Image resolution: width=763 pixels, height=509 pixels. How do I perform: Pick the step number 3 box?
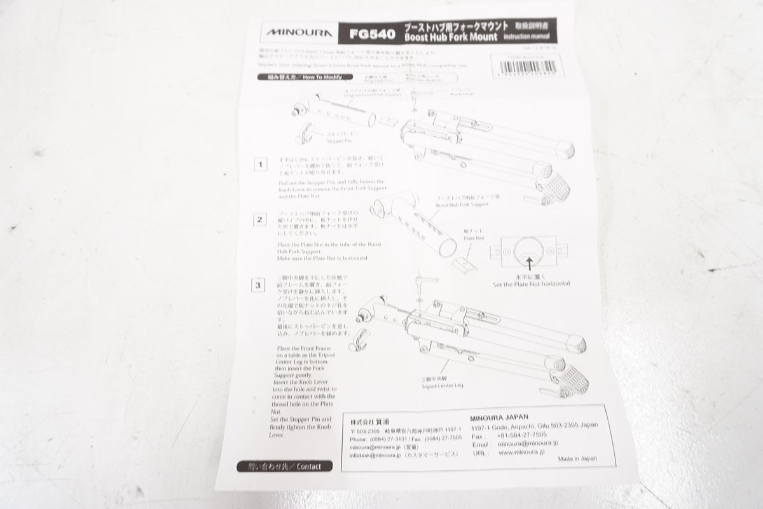(x=258, y=285)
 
